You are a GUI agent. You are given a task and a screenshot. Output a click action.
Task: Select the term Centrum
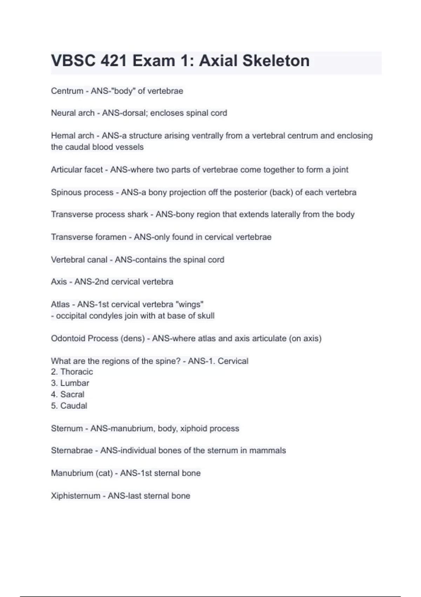coord(67,91)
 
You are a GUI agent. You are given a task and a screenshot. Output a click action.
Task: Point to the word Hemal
coord(62,136)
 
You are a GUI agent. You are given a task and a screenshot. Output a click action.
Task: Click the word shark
coord(138,214)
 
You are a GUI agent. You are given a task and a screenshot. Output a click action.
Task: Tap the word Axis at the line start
coord(59,282)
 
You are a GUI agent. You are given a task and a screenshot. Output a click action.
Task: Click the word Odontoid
coord(68,339)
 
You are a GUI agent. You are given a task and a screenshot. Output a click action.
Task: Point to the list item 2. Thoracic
coord(72,372)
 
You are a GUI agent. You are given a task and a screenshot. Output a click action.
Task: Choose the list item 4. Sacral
coord(67,394)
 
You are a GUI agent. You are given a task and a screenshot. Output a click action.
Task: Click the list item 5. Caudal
coord(69,406)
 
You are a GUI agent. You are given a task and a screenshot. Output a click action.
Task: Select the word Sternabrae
coord(72,451)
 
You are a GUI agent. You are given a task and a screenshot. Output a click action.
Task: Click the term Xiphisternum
coord(75,496)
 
